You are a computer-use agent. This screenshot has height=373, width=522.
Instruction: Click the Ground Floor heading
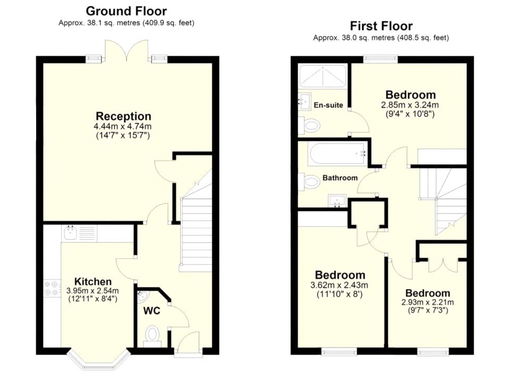pyautogui.click(x=126, y=11)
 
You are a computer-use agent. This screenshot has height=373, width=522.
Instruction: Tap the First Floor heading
pyautogui.click(x=381, y=26)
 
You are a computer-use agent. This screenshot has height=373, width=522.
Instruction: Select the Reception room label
pyautogui.click(x=123, y=116)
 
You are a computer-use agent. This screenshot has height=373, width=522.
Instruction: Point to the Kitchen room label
pyautogui.click(x=93, y=282)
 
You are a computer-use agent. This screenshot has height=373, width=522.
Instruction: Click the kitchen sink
pyautogui.click(x=70, y=233)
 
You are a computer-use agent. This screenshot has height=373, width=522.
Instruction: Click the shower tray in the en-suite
pyautogui.click(x=322, y=76)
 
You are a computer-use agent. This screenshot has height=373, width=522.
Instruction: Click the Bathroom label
pyautogui.click(x=340, y=178)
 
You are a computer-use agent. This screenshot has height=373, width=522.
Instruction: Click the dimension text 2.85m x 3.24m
pyautogui.click(x=410, y=105)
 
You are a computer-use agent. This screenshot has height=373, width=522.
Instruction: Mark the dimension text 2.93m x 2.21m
pyautogui.click(x=428, y=302)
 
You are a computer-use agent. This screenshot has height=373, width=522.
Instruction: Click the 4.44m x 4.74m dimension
pyautogui.click(x=123, y=126)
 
